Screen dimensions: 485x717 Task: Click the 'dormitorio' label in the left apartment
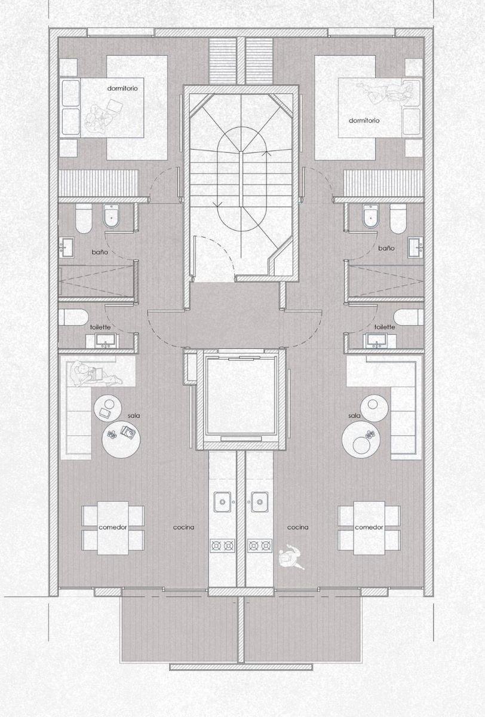[122, 88]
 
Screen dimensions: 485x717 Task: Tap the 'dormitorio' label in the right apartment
[364, 121]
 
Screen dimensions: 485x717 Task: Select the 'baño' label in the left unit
[100, 252]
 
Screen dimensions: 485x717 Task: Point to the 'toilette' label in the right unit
[385, 327]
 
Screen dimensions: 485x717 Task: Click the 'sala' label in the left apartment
[134, 416]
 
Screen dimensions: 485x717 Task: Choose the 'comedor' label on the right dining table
[369, 527]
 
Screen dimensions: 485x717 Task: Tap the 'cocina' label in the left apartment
[183, 527]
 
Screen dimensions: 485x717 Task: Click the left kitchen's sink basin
[222, 502]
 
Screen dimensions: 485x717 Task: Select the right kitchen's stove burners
[260, 546]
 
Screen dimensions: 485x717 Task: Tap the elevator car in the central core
[241, 396]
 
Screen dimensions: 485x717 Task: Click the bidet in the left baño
[111, 216]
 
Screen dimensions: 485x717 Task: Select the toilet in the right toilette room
[409, 317]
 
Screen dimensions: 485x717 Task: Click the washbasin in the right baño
[416, 247]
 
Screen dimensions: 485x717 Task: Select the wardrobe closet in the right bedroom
[383, 183]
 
